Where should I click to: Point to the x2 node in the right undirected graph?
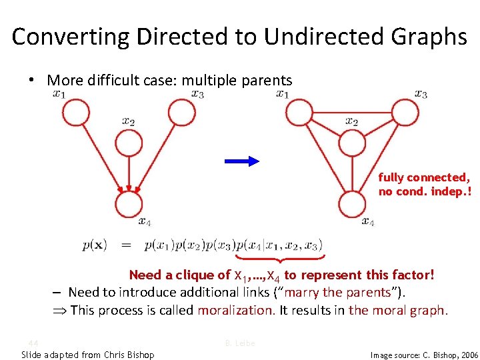(x=351, y=142)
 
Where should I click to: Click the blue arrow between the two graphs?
(x=241, y=161)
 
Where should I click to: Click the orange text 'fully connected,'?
(x=424, y=177)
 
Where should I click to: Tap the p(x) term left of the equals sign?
(x=94, y=245)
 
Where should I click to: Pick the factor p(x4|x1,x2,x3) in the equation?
(x=279, y=245)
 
